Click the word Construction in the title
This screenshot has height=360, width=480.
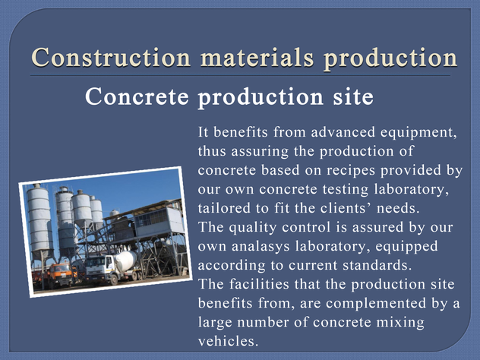click(111, 57)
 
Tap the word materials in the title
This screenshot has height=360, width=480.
click(257, 57)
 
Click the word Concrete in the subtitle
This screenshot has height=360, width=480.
click(137, 96)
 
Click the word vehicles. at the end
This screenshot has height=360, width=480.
click(228, 341)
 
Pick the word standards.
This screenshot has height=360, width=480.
click(377, 265)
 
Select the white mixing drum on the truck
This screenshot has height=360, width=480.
click(125, 261)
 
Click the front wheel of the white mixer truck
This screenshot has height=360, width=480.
click(114, 279)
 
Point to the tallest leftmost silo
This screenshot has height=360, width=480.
click(39, 221)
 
